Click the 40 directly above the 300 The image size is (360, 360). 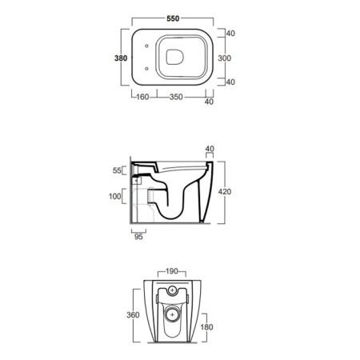click(x=230, y=34)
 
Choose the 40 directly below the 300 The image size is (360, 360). click(x=230, y=82)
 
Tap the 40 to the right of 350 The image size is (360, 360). click(x=210, y=102)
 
